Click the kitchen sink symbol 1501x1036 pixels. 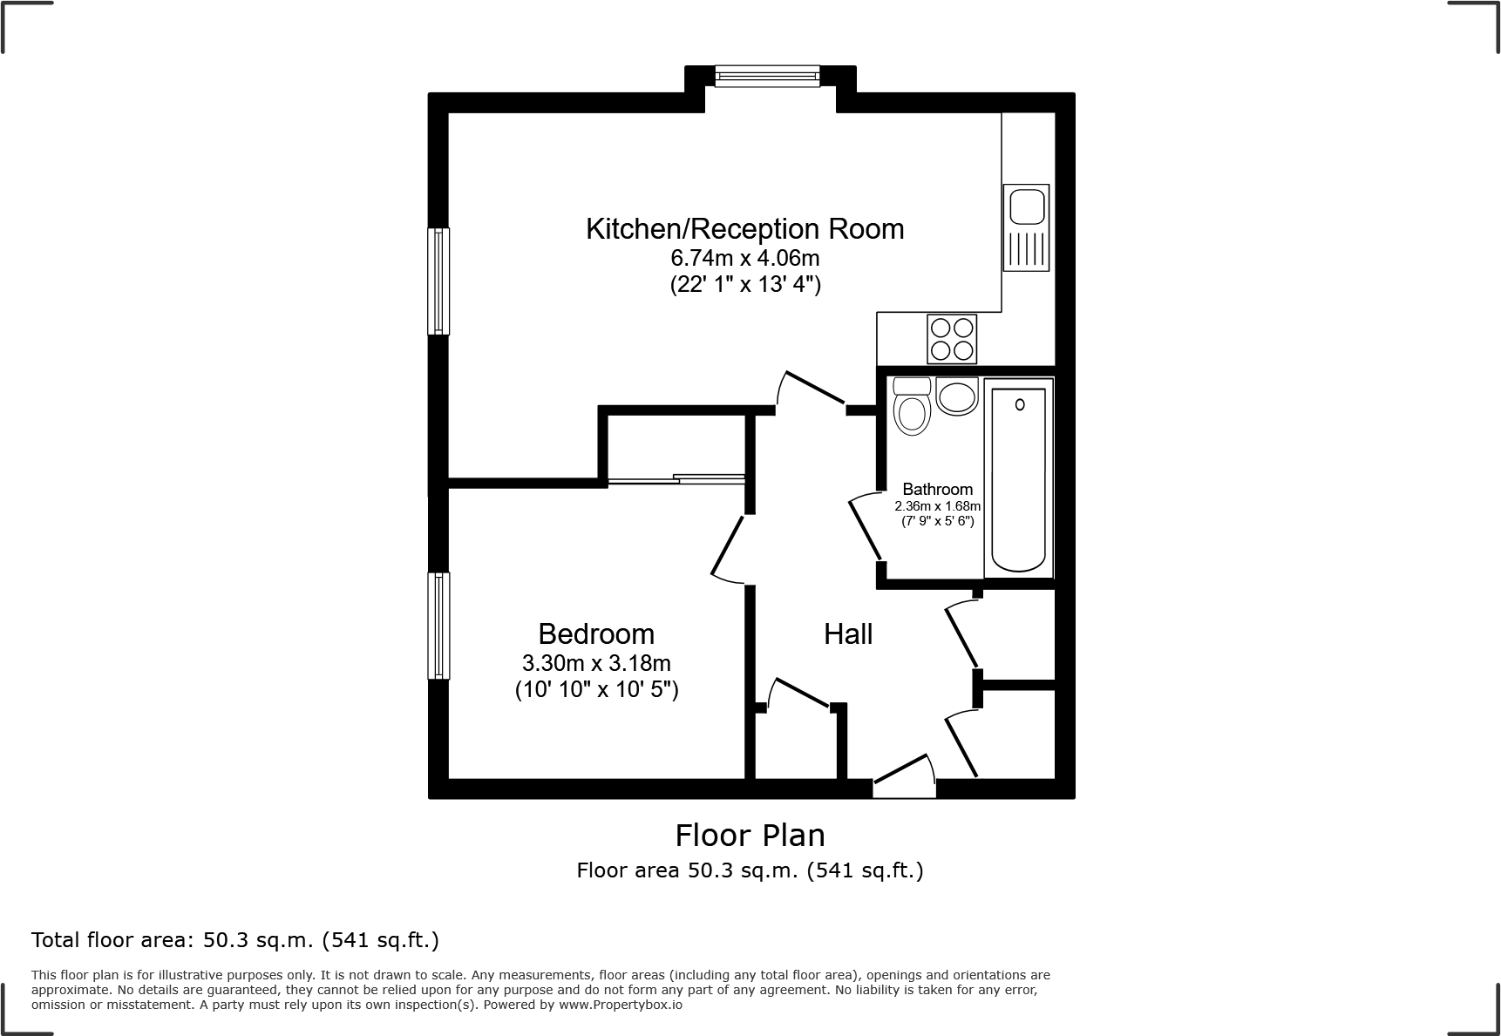click(x=1026, y=227)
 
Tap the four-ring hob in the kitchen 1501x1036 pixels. click(x=951, y=339)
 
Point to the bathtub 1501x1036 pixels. click(x=1018, y=477)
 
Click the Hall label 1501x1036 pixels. click(x=848, y=634)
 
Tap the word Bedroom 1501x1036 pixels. click(x=596, y=633)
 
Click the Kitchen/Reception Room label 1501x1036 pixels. click(x=744, y=228)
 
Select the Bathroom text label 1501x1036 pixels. click(x=937, y=490)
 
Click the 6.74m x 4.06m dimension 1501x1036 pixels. click(x=744, y=258)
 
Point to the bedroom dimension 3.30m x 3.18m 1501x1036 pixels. click(x=596, y=663)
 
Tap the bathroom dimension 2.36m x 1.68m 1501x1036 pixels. click(x=937, y=506)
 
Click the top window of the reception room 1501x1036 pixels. click(x=767, y=78)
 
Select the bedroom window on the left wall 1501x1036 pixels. click(x=438, y=625)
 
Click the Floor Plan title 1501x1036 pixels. click(x=750, y=836)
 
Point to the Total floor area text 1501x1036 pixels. click(x=234, y=940)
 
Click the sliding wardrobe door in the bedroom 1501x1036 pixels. click(x=676, y=478)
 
